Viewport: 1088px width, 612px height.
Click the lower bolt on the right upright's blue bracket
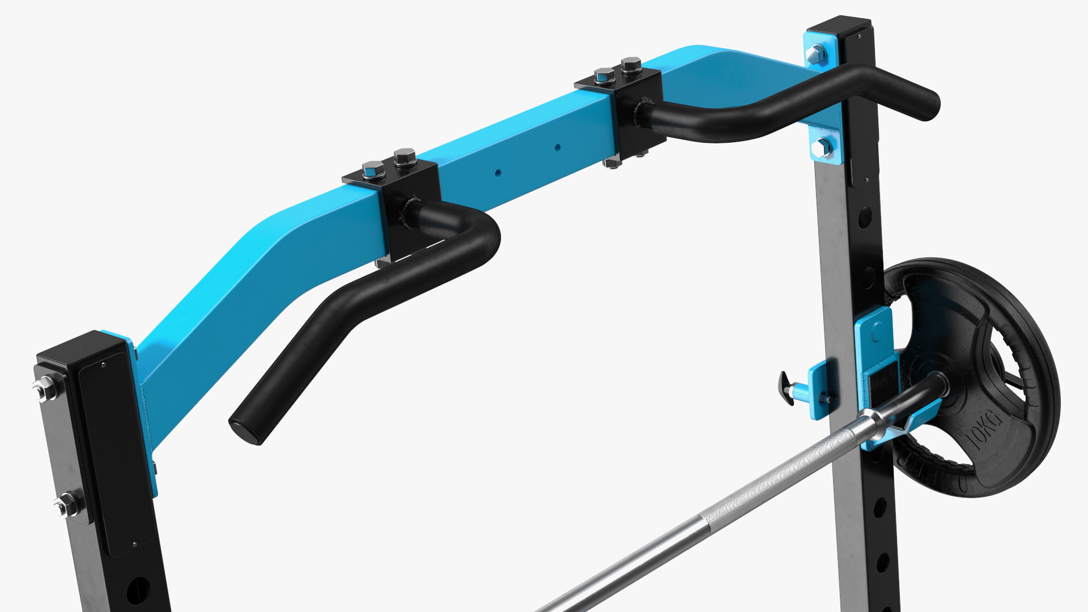pyautogui.click(x=821, y=148)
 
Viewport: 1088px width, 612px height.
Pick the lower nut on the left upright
pyautogui.click(x=66, y=504)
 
